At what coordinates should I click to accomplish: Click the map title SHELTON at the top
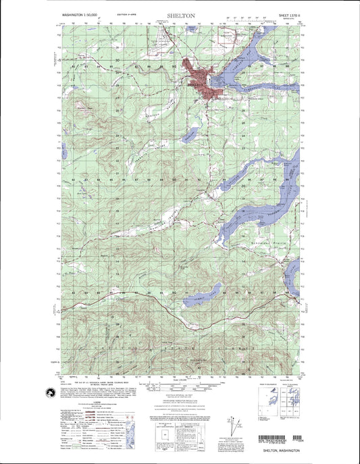(x=180, y=14)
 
